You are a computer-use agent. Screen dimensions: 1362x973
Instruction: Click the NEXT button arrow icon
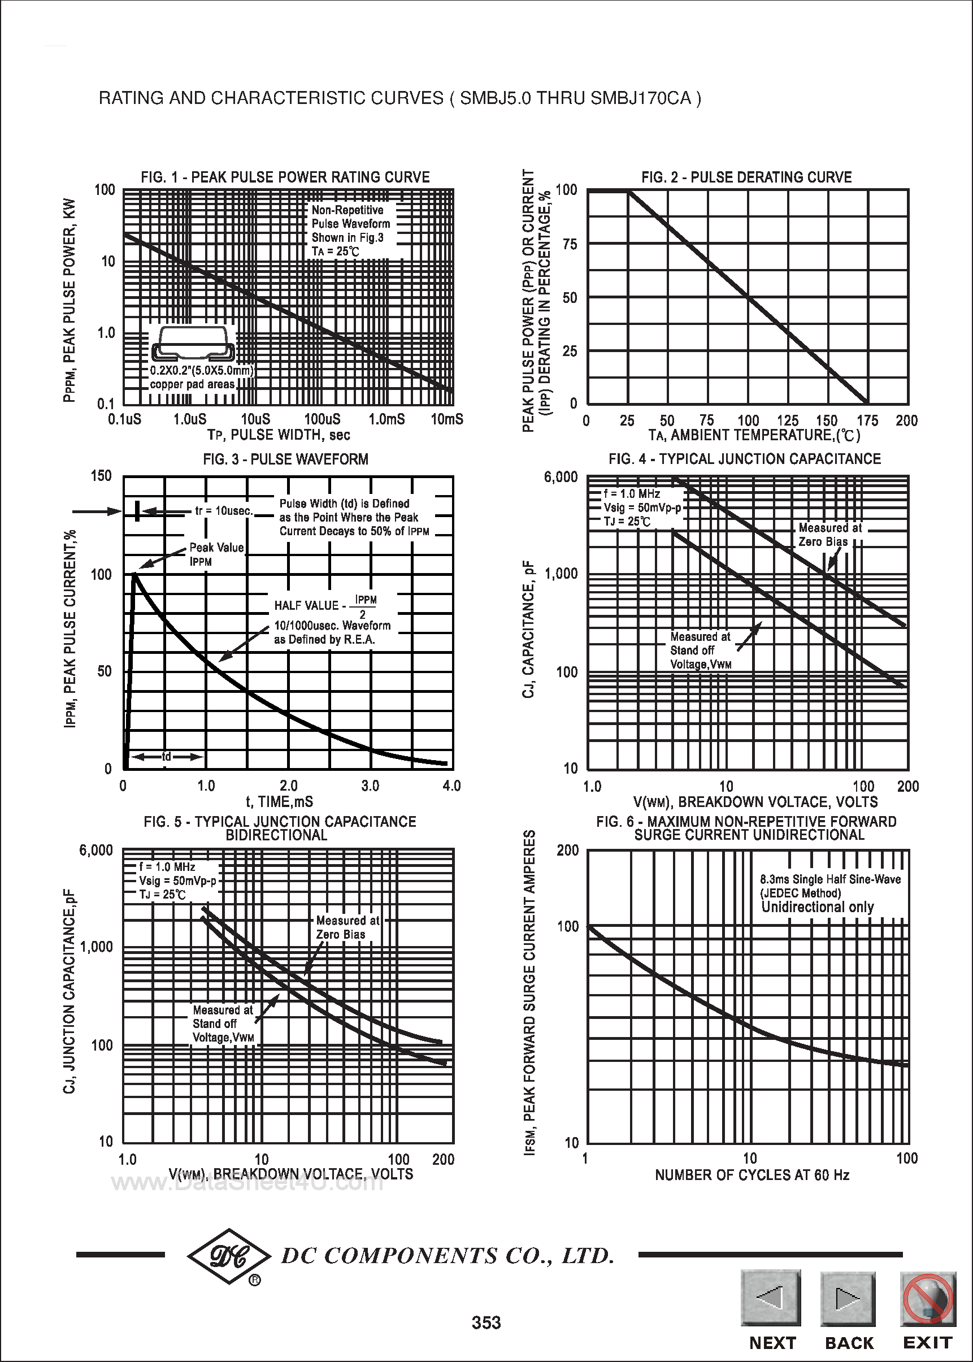tap(771, 1298)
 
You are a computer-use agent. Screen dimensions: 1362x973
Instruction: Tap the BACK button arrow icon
tap(847, 1298)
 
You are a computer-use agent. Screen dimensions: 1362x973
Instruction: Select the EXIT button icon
tap(927, 1298)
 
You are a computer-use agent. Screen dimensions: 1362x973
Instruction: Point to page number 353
tap(486, 1322)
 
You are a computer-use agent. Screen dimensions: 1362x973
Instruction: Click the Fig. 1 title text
tap(285, 177)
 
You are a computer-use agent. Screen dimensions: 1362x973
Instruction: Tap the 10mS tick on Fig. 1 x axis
tap(447, 419)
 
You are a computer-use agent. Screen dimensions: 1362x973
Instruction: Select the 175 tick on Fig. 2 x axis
tap(867, 420)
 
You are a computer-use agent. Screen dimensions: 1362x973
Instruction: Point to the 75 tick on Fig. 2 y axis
tap(570, 244)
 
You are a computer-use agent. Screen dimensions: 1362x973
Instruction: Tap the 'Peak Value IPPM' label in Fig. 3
tap(216, 554)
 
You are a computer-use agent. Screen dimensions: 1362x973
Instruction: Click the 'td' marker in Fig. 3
tap(167, 757)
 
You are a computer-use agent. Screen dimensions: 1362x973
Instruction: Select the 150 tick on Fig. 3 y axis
tap(101, 476)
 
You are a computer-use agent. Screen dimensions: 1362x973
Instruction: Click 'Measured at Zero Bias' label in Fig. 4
tap(829, 535)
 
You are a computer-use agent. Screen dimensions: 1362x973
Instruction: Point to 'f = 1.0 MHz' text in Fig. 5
tap(167, 867)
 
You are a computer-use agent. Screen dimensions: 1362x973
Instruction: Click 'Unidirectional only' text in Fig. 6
tap(817, 907)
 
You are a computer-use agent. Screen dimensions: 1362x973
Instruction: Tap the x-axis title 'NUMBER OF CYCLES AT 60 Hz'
tap(752, 1175)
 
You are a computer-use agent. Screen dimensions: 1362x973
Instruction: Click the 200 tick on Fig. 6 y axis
tap(568, 851)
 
